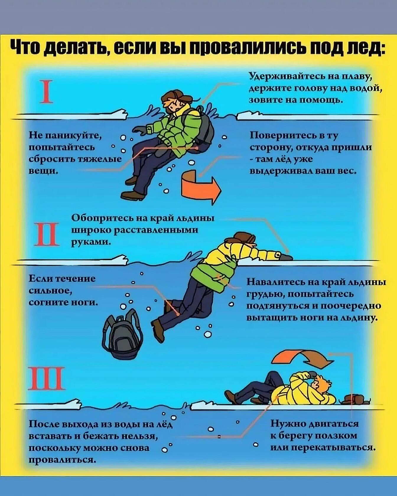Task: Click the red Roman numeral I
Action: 46,91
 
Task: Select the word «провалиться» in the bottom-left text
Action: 62,460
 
